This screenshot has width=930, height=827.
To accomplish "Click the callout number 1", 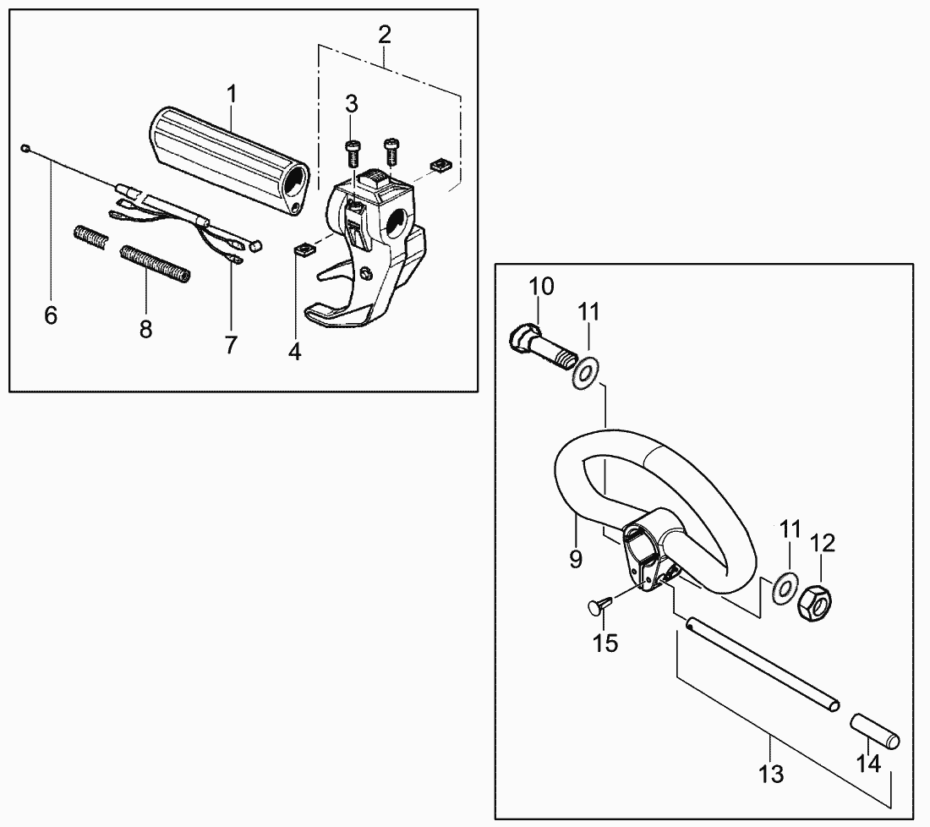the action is click(232, 94).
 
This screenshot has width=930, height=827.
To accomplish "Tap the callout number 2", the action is click(385, 35).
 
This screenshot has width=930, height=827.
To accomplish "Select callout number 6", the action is click(51, 315).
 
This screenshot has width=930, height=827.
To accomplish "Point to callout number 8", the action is click(146, 329).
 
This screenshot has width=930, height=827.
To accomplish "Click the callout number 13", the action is click(771, 774).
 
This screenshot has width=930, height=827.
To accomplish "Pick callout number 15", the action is click(606, 643).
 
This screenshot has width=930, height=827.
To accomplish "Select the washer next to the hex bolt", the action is click(586, 375).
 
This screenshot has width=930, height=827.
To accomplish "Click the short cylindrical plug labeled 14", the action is click(876, 731).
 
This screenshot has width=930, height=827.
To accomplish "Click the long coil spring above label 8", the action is click(156, 263).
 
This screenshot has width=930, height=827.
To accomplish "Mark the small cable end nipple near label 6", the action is click(25, 146).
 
